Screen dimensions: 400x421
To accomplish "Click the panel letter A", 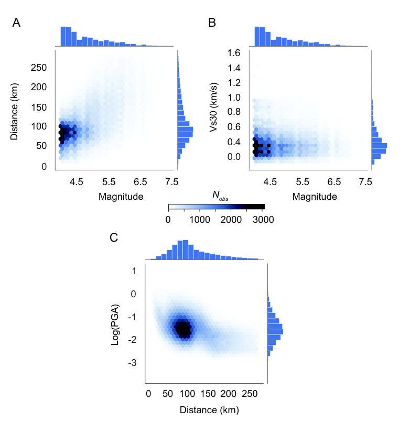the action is (16, 23).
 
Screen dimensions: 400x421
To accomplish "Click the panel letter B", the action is (212, 23).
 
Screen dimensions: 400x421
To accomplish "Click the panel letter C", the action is (114, 238).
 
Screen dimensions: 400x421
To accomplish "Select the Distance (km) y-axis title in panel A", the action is (14, 112).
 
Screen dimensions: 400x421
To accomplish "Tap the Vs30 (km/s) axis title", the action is (213, 107).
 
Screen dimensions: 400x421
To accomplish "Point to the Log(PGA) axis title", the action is (115, 325).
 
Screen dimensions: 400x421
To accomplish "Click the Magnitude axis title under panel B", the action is (315, 197).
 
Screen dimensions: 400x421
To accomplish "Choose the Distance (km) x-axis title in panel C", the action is (209, 410).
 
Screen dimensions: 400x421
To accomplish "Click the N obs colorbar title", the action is (220, 196).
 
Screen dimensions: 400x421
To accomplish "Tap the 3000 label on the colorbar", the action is (263, 220).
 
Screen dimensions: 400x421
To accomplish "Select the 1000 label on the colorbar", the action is (200, 220).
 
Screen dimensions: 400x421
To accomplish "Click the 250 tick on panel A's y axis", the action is (39, 68).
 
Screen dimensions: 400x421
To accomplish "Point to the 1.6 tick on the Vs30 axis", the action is (234, 53).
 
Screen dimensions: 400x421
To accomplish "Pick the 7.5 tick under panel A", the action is (172, 182).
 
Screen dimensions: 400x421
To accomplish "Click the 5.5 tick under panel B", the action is (302, 182).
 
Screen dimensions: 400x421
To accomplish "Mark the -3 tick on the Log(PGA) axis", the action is (132, 363).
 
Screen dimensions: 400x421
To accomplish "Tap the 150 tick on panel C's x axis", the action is (208, 394).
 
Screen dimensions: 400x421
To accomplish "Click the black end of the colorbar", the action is (256, 207).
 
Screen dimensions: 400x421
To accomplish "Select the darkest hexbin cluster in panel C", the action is (183, 328).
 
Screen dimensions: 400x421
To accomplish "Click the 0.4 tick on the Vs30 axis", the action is (234, 142).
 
